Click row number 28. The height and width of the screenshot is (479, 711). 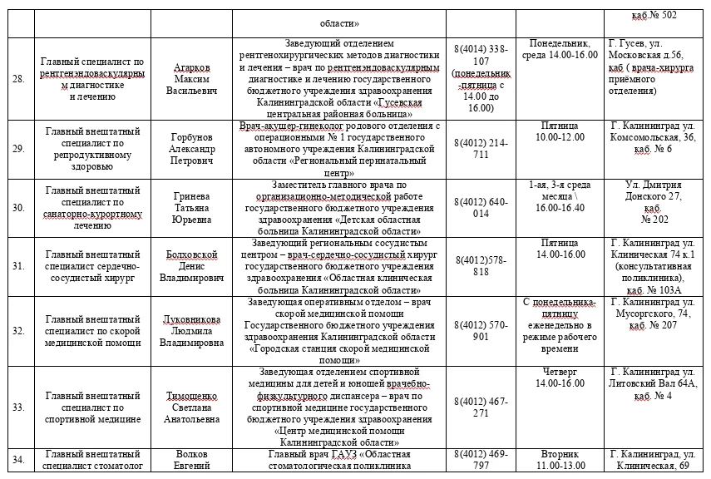[x=19, y=79]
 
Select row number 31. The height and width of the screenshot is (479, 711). [x=19, y=266]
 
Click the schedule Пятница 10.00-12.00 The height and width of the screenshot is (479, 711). [x=558, y=131]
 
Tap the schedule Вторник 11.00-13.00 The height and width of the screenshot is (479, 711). [x=558, y=461]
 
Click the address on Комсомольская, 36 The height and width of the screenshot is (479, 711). [x=652, y=137]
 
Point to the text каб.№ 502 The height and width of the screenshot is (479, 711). [x=654, y=14]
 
